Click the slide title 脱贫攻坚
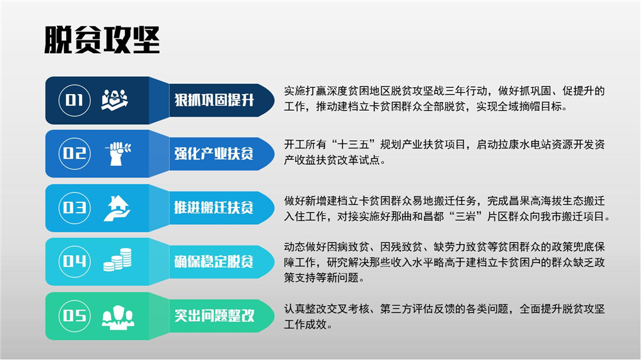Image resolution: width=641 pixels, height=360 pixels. (102, 40)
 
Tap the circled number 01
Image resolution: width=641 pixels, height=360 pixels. (74, 100)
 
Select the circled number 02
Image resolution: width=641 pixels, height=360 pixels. (74, 154)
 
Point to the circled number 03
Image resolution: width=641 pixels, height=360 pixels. (74, 208)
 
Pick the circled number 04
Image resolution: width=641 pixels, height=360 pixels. (74, 261)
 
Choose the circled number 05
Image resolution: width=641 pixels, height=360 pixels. (74, 316)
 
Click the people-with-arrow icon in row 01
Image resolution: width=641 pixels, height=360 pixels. (115, 100)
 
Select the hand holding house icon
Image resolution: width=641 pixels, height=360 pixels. (117, 208)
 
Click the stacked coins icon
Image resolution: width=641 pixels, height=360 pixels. (117, 260)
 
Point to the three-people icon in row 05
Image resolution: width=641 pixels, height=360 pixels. (118, 317)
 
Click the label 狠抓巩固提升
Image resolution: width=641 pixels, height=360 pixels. (214, 100)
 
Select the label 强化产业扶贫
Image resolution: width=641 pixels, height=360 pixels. (214, 154)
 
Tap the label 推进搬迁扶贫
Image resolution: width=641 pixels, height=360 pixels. (214, 208)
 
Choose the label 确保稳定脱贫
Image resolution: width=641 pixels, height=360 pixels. (214, 261)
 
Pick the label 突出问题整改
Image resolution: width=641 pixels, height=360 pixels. (214, 315)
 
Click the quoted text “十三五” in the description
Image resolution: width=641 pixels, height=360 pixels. (354, 144)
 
